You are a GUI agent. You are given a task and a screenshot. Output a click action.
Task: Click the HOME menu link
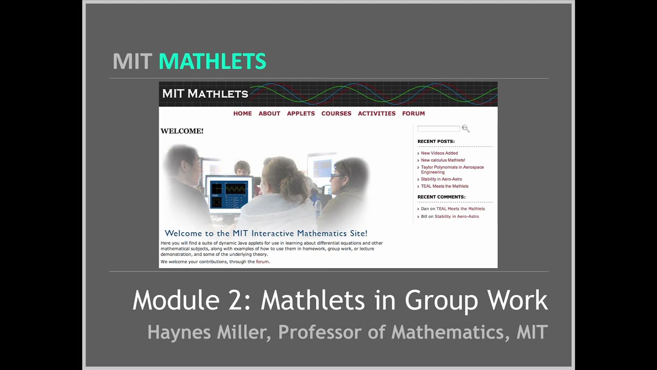[x=242, y=114]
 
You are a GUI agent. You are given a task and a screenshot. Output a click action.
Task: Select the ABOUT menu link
[x=269, y=114]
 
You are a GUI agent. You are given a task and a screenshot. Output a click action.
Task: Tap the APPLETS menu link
[x=301, y=114]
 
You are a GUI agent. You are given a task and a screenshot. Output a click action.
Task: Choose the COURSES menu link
[x=336, y=114]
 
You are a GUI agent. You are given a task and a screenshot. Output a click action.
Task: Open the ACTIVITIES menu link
[x=377, y=114]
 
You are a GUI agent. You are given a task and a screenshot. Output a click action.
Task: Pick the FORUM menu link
[x=413, y=114]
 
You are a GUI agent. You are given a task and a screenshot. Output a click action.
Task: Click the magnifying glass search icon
[x=466, y=128]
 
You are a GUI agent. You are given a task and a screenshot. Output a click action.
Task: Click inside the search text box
[x=438, y=128]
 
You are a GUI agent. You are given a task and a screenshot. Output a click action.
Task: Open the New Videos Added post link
[x=439, y=153]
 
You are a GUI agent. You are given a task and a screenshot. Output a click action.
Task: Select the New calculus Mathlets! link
[x=443, y=160]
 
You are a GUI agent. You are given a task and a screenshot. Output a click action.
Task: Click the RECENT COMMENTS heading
[x=441, y=197]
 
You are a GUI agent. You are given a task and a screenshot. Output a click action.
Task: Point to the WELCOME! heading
[x=182, y=131]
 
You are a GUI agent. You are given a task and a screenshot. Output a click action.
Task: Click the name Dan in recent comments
[x=424, y=209]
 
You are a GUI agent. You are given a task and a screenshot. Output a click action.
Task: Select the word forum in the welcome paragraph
[x=262, y=262]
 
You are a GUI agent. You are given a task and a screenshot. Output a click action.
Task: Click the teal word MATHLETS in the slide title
[x=212, y=62]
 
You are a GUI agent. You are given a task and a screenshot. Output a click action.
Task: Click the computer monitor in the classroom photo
[x=229, y=192]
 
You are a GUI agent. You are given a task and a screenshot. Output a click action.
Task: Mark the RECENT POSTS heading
[x=436, y=141]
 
